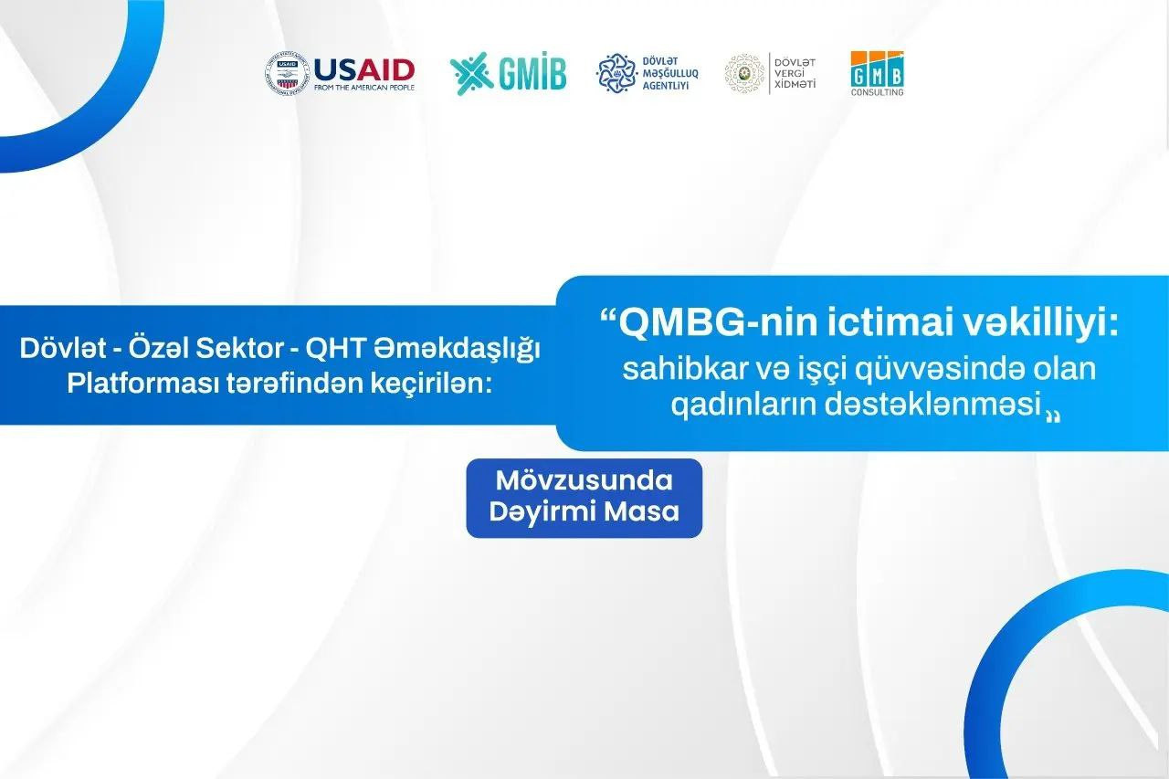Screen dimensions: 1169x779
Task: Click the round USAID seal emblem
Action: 287,74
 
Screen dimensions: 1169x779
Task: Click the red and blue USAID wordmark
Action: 364,70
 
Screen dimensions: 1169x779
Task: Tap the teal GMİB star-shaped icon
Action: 471,74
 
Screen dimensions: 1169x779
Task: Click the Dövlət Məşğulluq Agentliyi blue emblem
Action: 616,74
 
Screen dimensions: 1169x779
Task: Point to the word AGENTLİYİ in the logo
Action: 666,86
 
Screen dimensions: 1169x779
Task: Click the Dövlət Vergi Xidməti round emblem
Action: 744,73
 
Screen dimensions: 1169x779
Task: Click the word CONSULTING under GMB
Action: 877,92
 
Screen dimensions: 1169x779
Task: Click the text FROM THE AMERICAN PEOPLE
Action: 364,88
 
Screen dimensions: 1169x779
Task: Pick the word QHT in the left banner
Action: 334,349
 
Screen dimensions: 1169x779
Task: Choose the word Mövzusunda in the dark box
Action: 584,480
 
